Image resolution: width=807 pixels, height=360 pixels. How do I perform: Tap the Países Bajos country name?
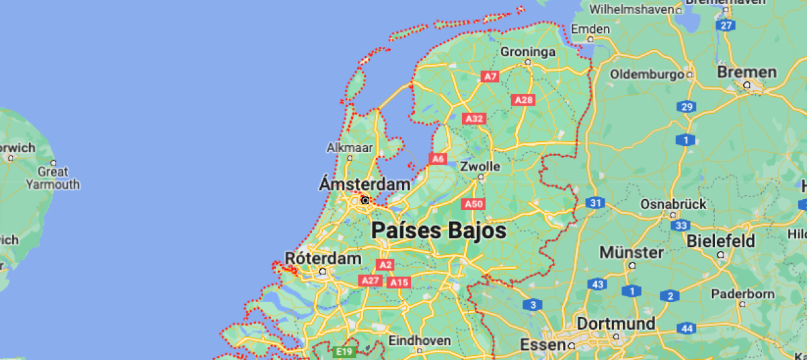tap(438, 231)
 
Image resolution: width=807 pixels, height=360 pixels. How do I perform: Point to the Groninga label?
tap(528, 51)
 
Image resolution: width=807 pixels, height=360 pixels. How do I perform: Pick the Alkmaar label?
tap(350, 147)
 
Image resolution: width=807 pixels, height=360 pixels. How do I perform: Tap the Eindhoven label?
tap(420, 340)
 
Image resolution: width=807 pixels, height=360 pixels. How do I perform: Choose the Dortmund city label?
tap(615, 324)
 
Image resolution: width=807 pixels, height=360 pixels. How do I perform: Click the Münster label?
tap(631, 252)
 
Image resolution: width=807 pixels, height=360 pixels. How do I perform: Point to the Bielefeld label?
tap(721, 241)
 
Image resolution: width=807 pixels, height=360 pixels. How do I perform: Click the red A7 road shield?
tap(491, 77)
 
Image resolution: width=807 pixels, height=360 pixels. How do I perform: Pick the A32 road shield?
tap(474, 119)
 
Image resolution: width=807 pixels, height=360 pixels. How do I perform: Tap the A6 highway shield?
tap(438, 159)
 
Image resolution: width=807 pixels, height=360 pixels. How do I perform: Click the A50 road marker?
tap(473, 204)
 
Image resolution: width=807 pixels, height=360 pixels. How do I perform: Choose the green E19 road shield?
tap(344, 351)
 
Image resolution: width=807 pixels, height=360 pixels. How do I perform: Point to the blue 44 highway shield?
tap(687, 328)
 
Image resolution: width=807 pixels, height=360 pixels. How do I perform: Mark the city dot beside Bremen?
tap(746, 85)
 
